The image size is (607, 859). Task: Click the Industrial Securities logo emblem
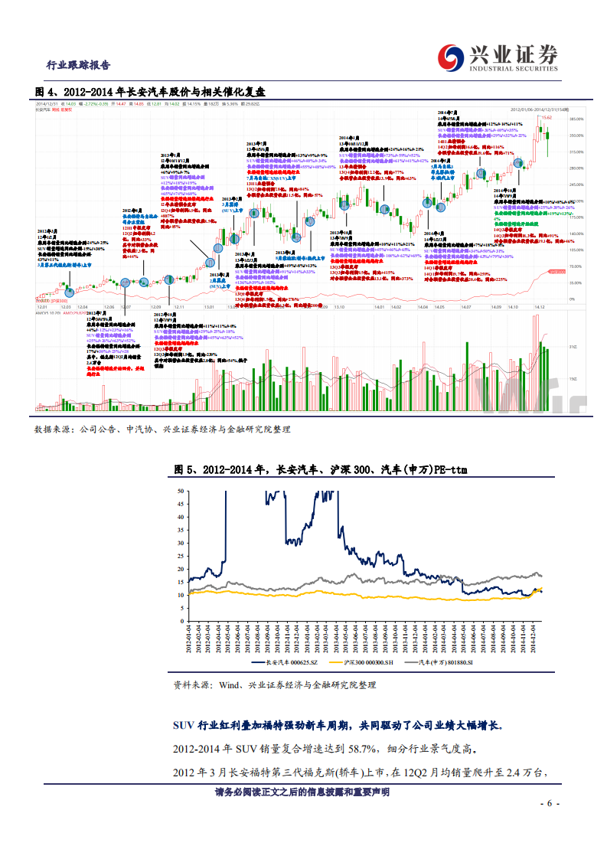point(450,54)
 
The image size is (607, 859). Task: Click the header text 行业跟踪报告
point(78,65)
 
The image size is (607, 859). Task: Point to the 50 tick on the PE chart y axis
point(181,491)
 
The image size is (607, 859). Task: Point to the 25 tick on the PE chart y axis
point(181,556)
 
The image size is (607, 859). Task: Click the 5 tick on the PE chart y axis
point(182,608)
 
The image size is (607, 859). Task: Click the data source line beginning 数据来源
point(162,430)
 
